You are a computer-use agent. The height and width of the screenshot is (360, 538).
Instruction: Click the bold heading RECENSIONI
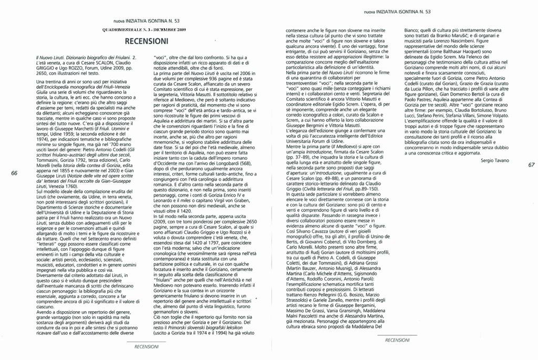pos(147,41)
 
